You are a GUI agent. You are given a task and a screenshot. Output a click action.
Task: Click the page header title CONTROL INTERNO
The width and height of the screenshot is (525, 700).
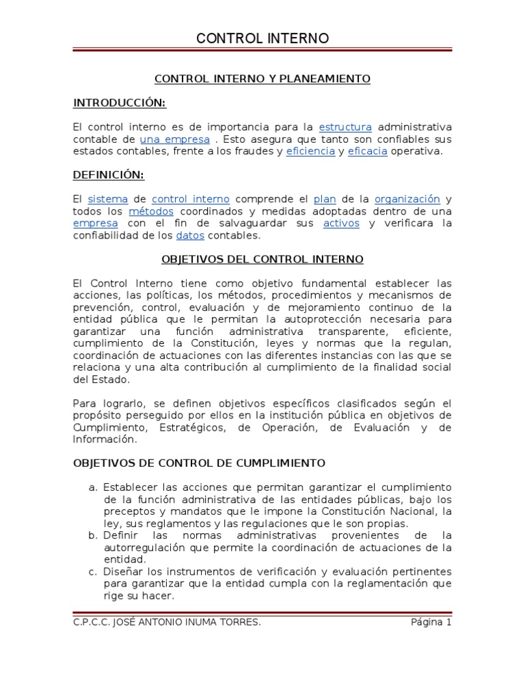pyautogui.click(x=262, y=38)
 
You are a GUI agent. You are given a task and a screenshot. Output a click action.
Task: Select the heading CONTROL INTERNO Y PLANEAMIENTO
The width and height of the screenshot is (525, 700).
pyautogui.click(x=262, y=79)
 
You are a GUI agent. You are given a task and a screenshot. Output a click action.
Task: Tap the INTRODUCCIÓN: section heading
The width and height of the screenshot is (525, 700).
pyautogui.click(x=120, y=103)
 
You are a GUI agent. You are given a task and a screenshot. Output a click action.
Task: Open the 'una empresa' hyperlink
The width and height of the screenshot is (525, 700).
pyautogui.click(x=174, y=139)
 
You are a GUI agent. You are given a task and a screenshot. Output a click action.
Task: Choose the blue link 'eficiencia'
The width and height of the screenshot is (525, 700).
pyautogui.click(x=310, y=151)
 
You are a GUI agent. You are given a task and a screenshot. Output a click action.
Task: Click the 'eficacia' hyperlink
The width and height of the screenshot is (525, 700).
pyautogui.click(x=367, y=151)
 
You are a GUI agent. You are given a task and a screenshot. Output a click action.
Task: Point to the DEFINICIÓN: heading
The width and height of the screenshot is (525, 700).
pyautogui.click(x=109, y=175)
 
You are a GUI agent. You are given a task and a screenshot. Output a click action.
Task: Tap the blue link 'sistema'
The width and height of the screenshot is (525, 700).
pyautogui.click(x=108, y=199)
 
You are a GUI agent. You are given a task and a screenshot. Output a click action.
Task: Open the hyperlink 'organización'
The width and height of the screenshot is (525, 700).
pyautogui.click(x=407, y=199)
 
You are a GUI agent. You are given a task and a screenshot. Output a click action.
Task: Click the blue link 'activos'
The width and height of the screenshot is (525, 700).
pyautogui.click(x=341, y=224)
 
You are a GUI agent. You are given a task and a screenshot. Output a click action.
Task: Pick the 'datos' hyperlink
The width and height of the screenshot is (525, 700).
pyautogui.click(x=189, y=235)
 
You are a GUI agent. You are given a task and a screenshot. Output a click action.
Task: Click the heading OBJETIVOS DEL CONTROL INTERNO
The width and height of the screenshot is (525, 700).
pyautogui.click(x=262, y=259)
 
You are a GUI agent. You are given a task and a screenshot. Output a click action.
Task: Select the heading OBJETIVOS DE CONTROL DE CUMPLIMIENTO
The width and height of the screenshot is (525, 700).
pyautogui.click(x=199, y=463)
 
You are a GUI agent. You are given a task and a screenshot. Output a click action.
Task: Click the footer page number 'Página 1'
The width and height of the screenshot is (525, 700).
pyautogui.click(x=431, y=622)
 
